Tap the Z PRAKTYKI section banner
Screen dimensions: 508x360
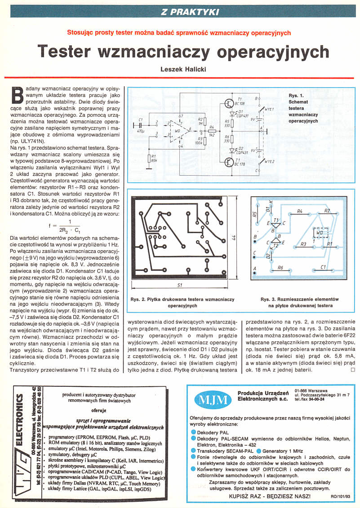click(190, 12)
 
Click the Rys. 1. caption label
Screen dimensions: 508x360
click(296, 95)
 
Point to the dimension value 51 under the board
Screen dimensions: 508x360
click(180, 285)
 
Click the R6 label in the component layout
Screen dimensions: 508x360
click(280, 268)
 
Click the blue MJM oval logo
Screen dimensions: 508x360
click(210, 399)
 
